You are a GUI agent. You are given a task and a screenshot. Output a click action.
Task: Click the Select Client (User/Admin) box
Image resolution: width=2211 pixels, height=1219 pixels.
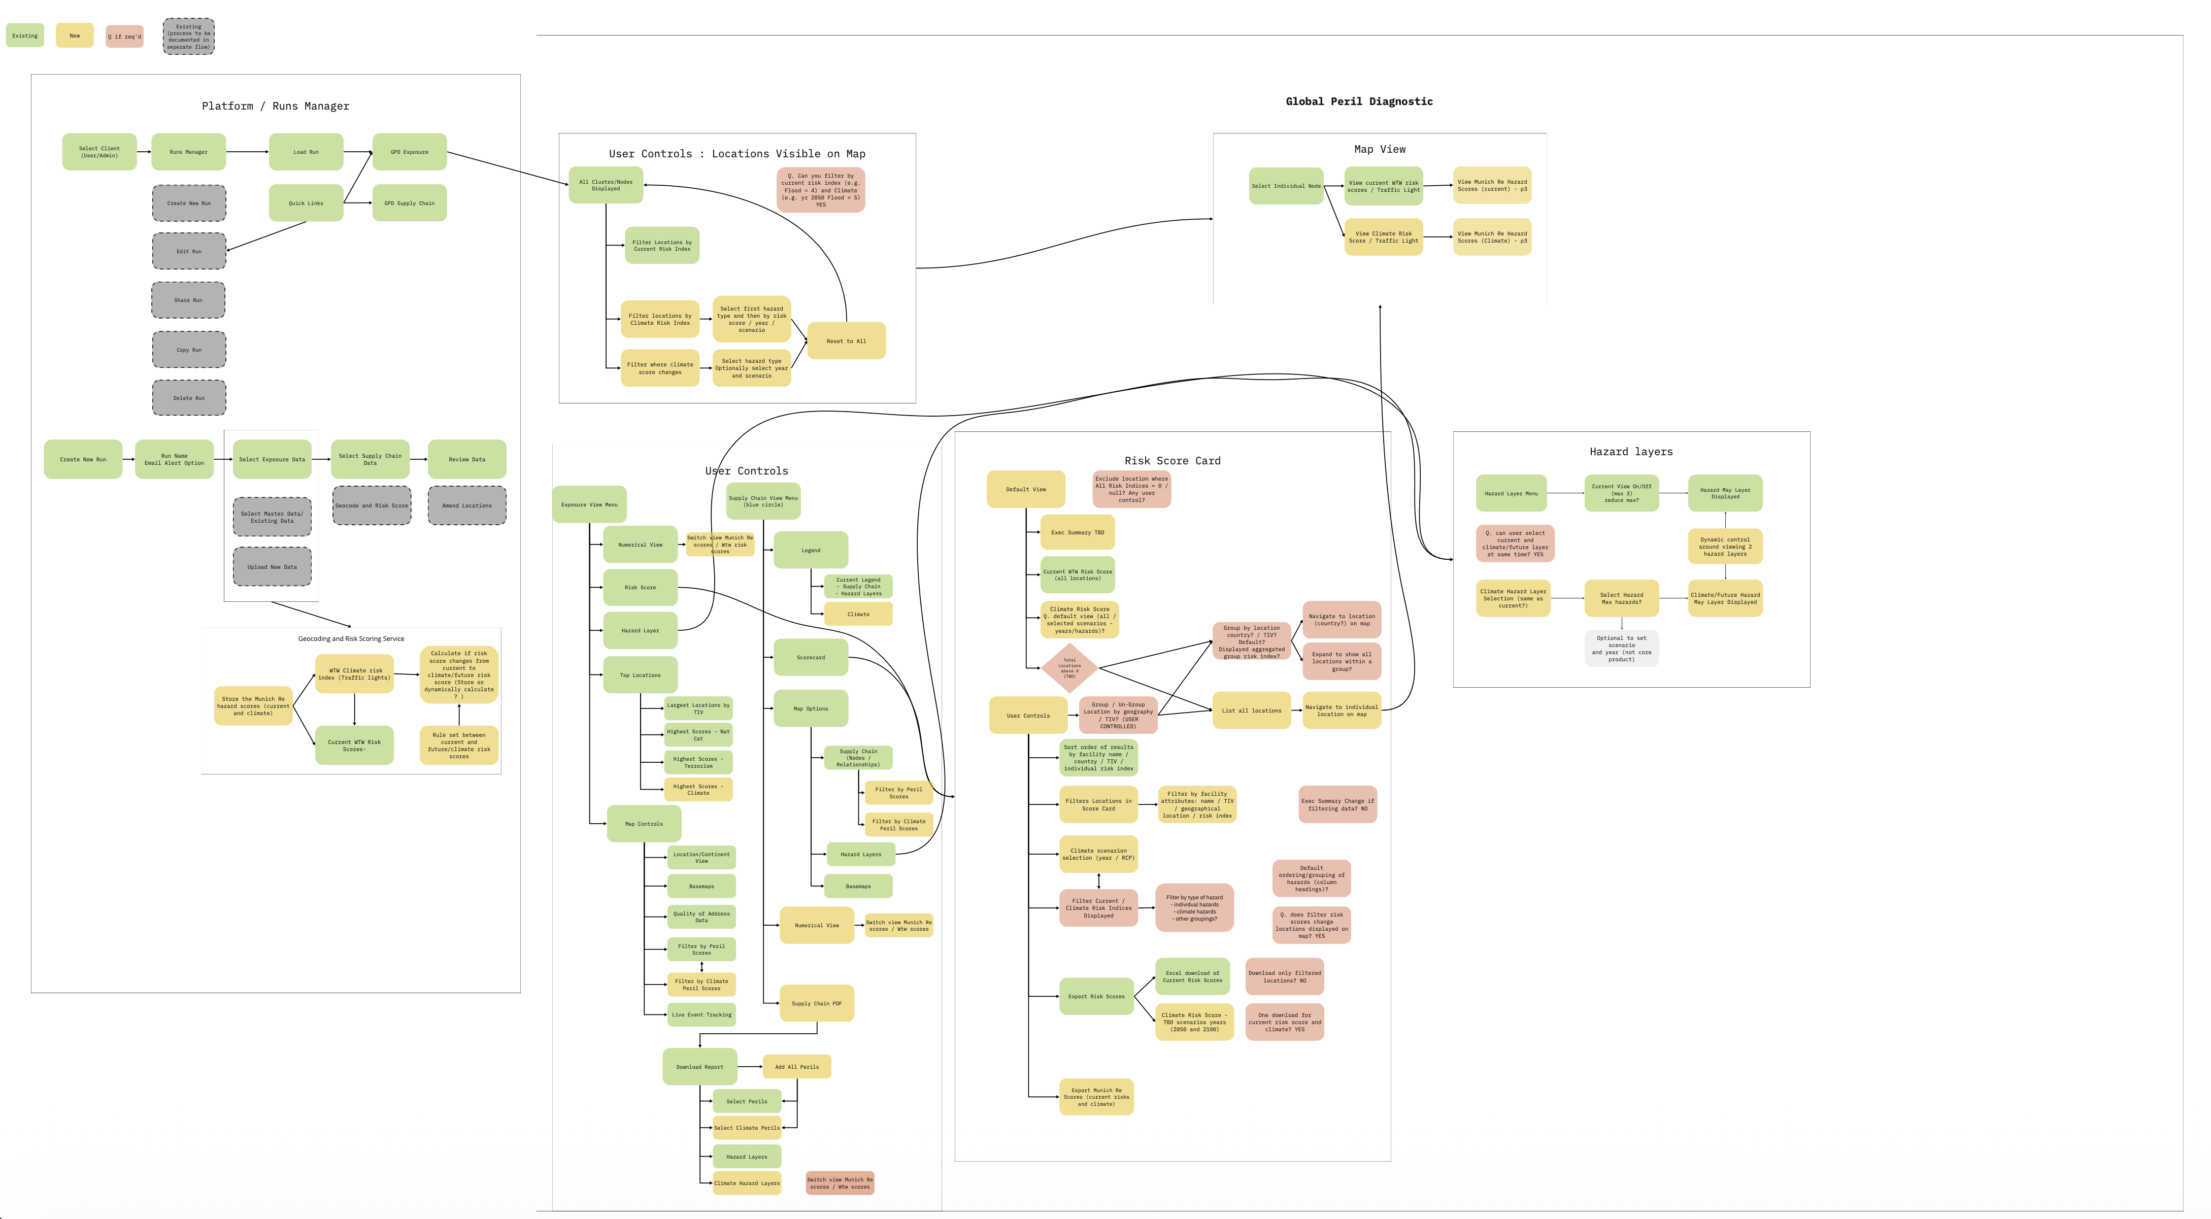99,152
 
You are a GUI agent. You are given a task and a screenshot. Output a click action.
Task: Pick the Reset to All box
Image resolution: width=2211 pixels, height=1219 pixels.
846,341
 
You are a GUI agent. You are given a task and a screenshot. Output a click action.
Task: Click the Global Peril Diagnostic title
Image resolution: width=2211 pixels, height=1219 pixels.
1359,101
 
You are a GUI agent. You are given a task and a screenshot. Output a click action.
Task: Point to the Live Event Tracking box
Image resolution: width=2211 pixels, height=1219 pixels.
701,1014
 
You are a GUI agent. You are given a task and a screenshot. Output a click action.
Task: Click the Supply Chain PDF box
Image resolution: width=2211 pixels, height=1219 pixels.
816,1003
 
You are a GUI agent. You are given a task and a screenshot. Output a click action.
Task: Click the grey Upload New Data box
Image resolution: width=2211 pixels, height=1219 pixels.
272,566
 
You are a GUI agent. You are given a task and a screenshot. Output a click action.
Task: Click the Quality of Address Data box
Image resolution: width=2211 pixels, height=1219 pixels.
701,917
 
